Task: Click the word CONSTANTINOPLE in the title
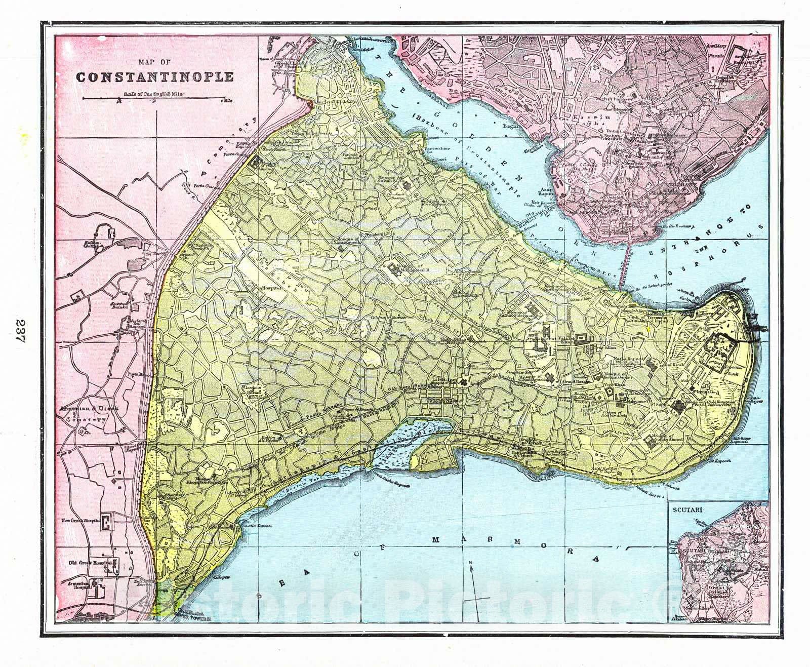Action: click(155, 77)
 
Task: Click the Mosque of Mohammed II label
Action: click(408, 269)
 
